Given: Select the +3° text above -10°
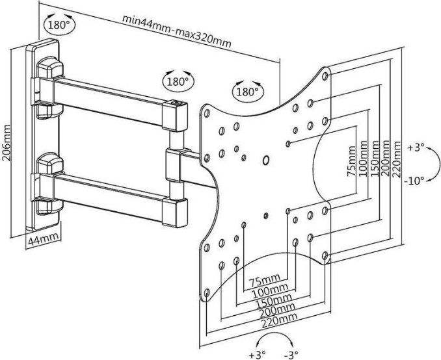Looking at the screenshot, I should tap(416, 148).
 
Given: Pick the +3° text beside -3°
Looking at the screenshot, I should tap(258, 354).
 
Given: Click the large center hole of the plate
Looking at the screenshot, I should tap(265, 160).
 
